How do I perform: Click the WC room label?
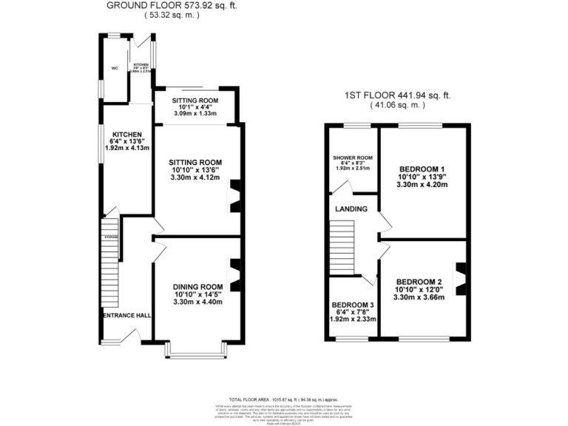[x=115, y=69]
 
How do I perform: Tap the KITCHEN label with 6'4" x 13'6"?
[x=126, y=135]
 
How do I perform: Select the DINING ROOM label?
[x=197, y=287]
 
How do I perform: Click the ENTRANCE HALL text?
[x=126, y=316]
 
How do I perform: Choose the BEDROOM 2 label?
[x=419, y=282]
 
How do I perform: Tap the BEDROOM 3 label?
[x=353, y=305]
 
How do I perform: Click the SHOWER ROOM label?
[x=352, y=158]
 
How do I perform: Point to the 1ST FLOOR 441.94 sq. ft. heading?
[x=398, y=95]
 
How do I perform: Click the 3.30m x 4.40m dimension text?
[x=197, y=302]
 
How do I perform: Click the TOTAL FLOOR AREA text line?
[x=283, y=398]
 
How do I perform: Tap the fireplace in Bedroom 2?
[x=460, y=279]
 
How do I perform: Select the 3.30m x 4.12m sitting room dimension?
[x=195, y=177]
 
